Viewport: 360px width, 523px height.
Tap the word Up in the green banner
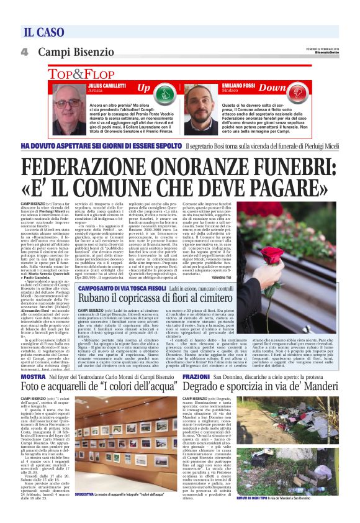point(143,88)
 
